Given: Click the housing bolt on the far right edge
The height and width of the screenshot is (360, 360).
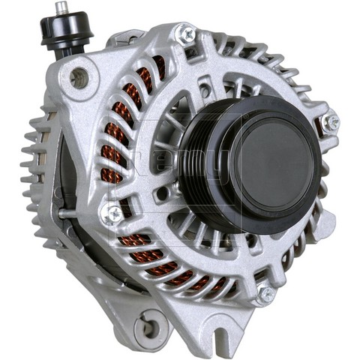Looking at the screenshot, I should coord(329,121).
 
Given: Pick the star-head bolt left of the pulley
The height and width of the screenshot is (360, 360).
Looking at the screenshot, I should coord(112,214).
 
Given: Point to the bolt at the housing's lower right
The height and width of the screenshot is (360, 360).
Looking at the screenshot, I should coord(266,295).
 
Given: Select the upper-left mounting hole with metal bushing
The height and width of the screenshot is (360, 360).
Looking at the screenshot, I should coord(79,76).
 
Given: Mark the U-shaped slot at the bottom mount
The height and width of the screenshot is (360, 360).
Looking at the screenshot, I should coord(225,330).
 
